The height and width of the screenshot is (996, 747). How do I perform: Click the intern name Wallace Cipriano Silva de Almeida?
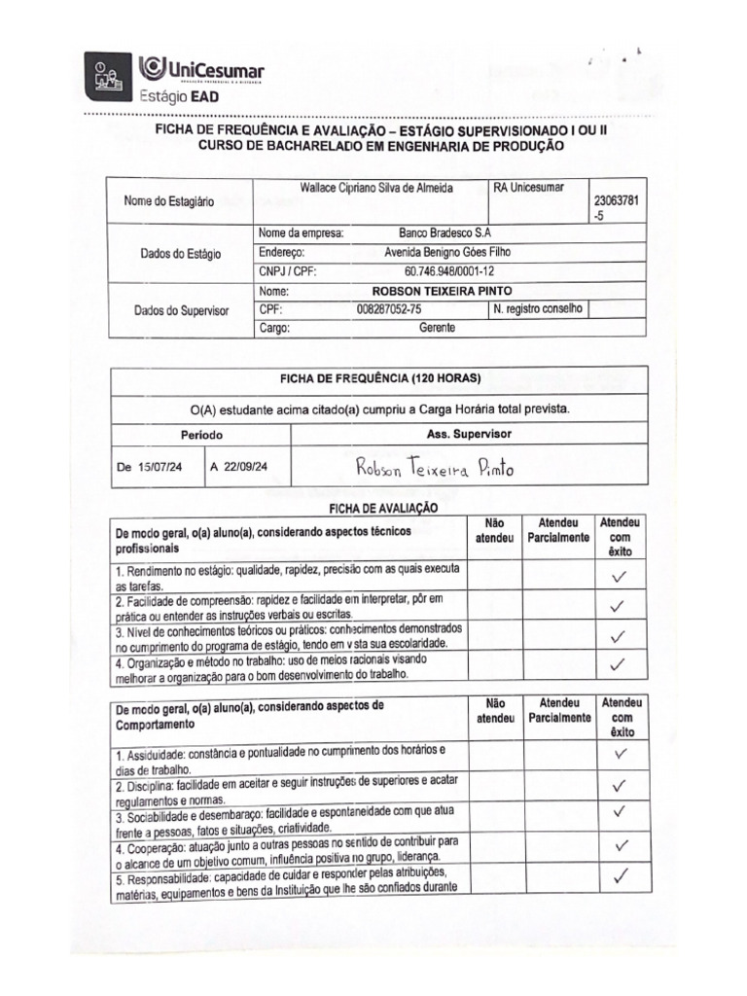376,188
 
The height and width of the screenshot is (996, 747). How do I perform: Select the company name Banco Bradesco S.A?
445,233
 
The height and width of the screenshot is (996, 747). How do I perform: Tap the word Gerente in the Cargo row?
437,328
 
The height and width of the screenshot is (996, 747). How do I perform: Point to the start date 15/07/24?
160,468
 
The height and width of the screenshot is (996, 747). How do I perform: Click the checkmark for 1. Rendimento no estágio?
617,576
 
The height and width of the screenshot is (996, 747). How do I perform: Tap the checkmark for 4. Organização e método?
617,665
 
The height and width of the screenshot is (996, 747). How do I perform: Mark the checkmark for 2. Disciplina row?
617,785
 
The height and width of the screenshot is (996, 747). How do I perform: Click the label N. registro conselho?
538,309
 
